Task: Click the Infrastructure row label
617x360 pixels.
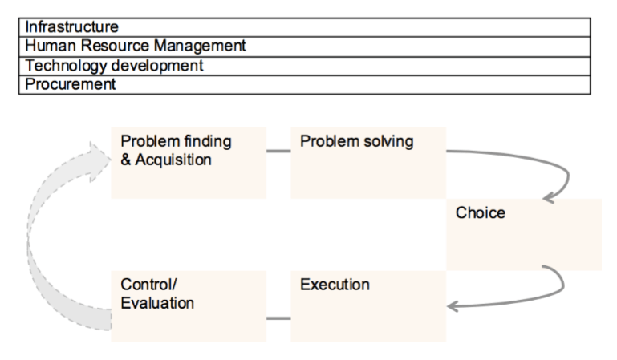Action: click(71, 26)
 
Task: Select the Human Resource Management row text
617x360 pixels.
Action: click(136, 46)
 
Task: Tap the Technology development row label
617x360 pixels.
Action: click(114, 65)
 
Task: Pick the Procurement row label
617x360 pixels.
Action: click(71, 83)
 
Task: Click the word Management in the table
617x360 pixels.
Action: click(200, 47)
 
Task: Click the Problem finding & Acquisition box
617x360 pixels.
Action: click(189, 163)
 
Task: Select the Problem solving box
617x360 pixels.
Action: click(368, 163)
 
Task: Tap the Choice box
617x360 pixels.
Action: click(524, 235)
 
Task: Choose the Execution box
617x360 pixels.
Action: click(368, 306)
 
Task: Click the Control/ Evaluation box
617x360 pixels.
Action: click(189, 306)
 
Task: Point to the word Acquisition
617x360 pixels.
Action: click(173, 160)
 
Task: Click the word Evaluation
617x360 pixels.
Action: click(157, 303)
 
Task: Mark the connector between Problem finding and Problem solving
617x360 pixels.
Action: click(278, 151)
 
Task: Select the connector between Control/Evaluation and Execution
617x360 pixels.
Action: click(278, 318)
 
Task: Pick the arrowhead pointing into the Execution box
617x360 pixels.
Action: click(453, 306)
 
